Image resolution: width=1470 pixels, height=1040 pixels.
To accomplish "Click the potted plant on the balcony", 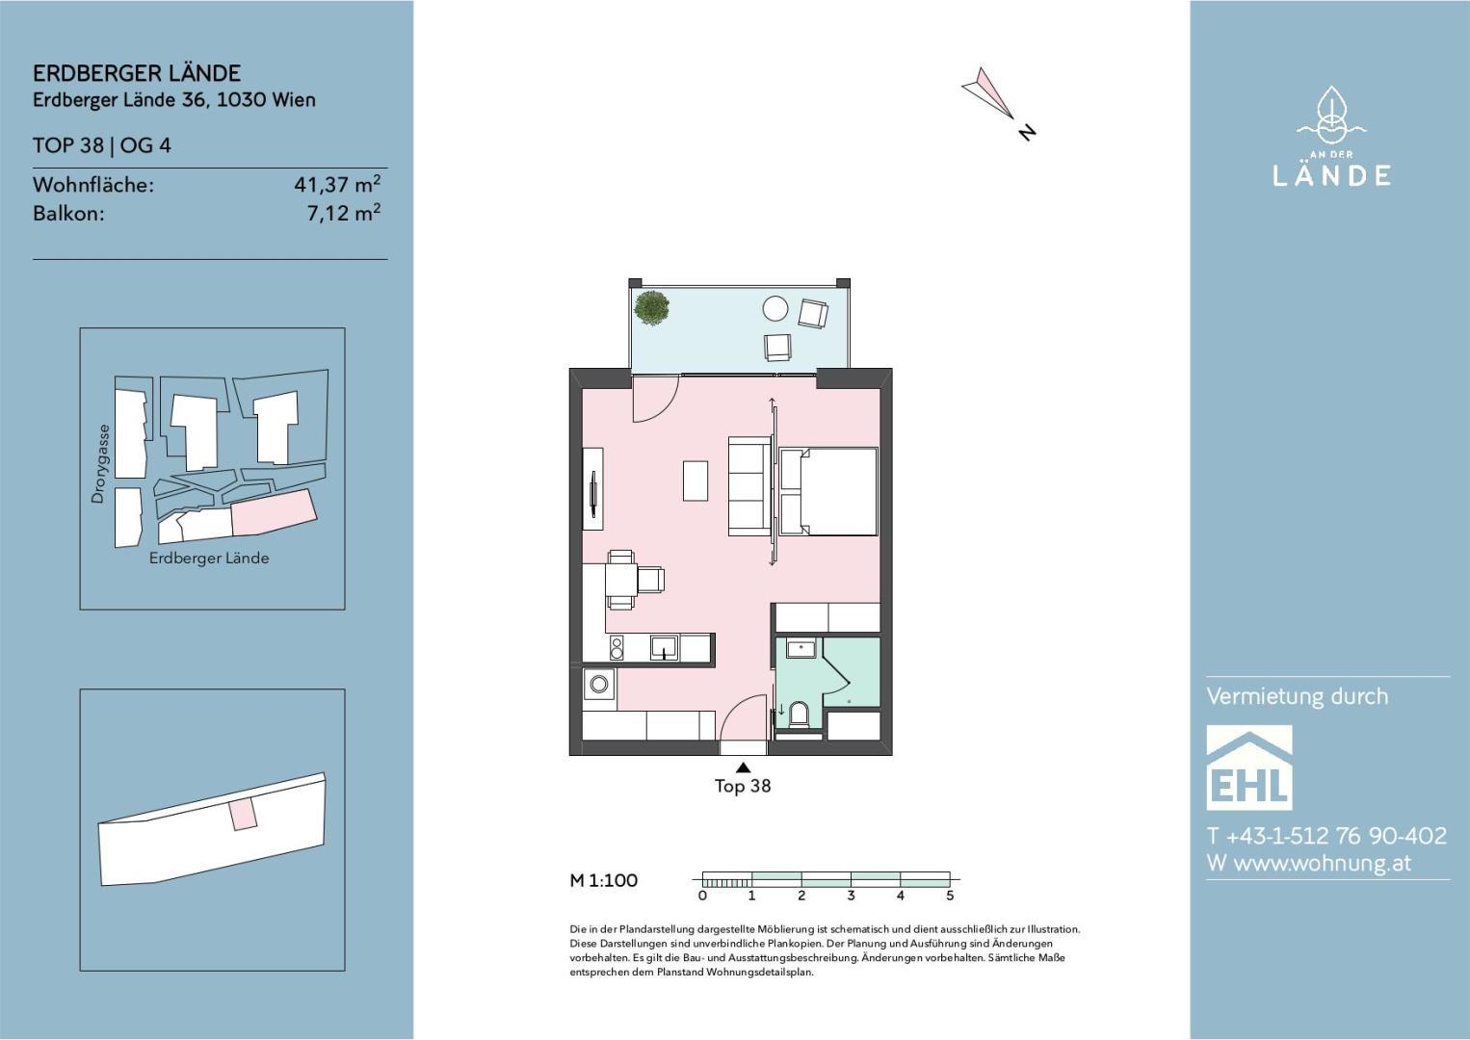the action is click(651, 308).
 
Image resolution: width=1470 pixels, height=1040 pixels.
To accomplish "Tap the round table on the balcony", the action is click(775, 308).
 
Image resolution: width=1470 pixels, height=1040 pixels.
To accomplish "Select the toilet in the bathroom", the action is click(799, 713).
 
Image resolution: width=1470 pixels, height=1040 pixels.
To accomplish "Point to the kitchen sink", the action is click(664, 648).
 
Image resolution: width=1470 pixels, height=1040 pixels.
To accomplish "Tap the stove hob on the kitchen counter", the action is click(617, 648).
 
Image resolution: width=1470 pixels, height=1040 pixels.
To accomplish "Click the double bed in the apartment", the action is click(828, 491).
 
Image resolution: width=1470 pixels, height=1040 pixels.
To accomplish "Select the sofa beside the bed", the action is click(749, 486).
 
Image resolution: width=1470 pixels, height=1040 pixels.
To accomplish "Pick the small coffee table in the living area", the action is click(696, 481).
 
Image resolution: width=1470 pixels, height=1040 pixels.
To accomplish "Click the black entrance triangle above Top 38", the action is click(743, 767).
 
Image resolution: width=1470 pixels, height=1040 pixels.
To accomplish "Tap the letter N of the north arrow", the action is click(1027, 132).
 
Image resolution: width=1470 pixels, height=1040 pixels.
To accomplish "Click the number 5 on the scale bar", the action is click(950, 896).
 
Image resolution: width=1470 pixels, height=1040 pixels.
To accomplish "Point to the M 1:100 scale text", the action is click(603, 880).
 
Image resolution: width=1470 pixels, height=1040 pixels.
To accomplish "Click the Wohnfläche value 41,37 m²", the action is click(337, 184).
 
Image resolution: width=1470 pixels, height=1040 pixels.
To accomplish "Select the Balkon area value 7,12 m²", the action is click(344, 213).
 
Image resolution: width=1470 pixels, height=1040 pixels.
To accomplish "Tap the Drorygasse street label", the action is click(98, 464).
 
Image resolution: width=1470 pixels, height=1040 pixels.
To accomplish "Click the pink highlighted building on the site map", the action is click(275, 512).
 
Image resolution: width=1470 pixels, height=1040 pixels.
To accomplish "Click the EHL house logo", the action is click(1249, 767).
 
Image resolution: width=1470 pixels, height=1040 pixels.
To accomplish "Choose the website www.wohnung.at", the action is click(1323, 864).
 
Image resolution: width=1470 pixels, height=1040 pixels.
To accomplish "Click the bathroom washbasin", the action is click(801, 649).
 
